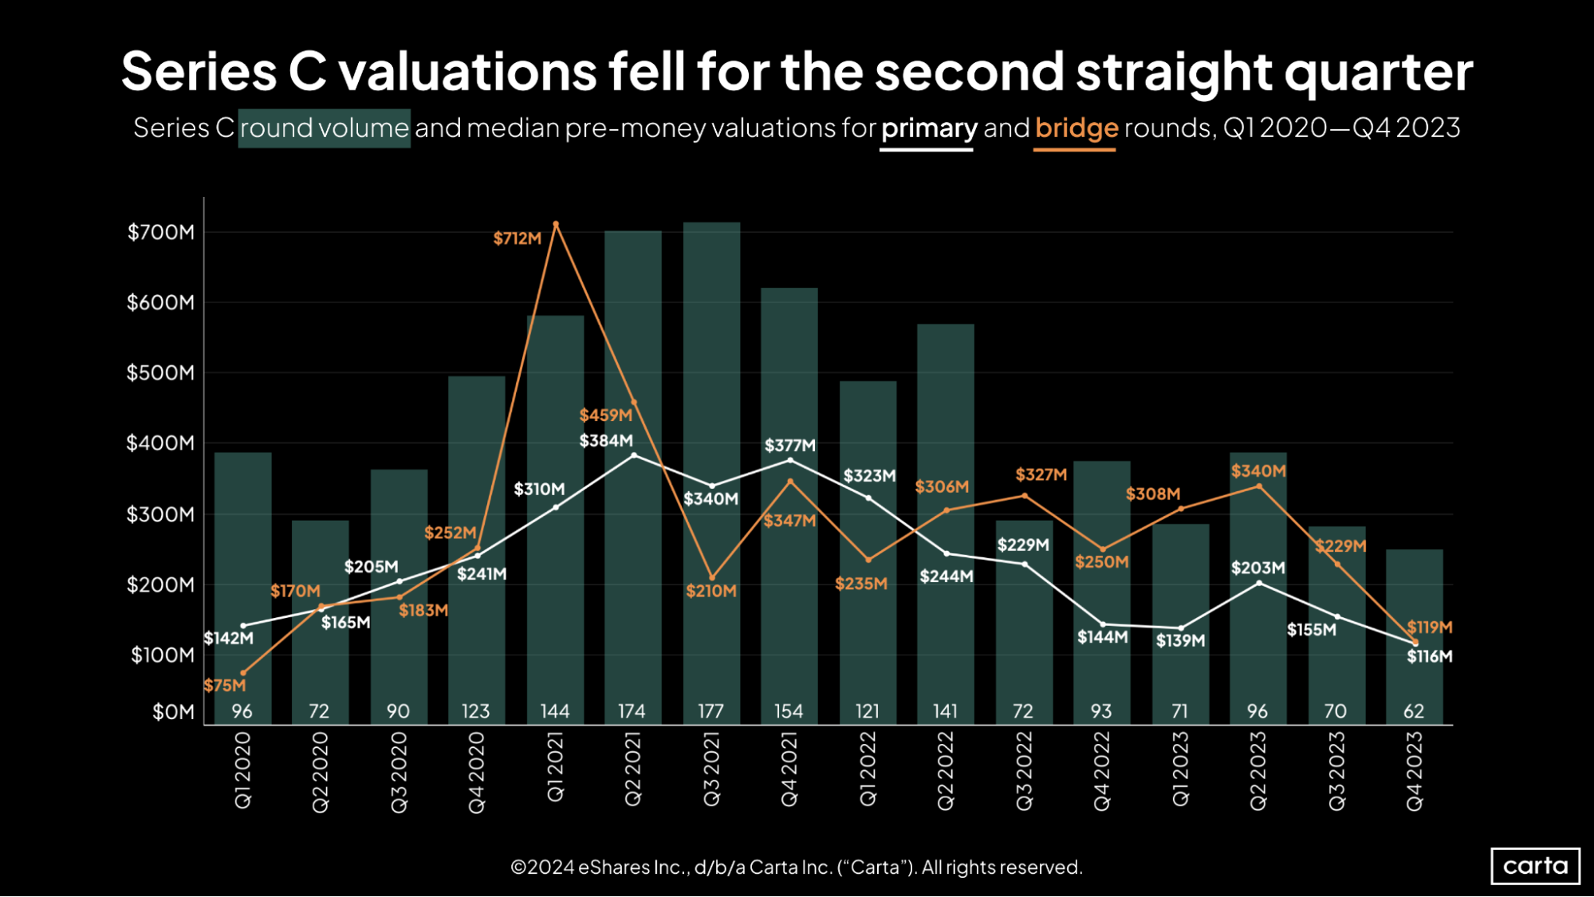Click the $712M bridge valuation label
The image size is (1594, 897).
(517, 238)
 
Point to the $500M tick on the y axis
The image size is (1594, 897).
(160, 373)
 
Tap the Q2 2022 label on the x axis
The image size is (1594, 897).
(946, 771)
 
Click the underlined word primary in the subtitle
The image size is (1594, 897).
(928, 128)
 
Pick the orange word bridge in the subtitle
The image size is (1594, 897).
(1076, 128)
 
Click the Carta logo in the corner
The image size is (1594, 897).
(1535, 866)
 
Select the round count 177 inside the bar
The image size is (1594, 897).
(710, 711)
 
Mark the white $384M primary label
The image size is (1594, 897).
(606, 441)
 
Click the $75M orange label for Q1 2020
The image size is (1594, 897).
(225, 686)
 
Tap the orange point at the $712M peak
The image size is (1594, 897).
(556, 225)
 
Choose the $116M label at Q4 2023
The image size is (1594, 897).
(1429, 657)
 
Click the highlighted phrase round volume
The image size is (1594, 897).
(325, 128)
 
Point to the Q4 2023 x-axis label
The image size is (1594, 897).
(1414, 771)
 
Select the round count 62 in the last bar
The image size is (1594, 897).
(1414, 711)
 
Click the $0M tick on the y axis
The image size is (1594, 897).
(173, 712)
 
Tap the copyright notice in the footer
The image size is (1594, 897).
(796, 867)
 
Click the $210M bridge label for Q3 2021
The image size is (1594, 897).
(710, 592)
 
